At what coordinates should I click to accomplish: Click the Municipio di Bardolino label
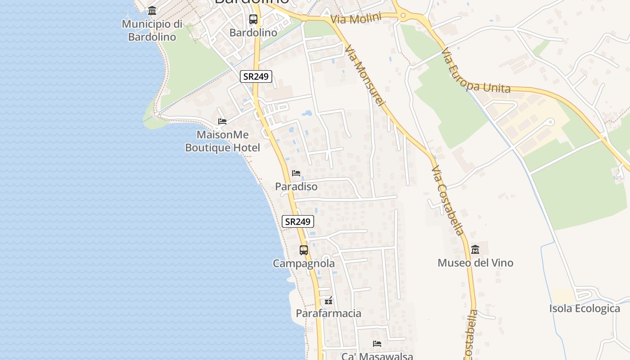click(x=152, y=30)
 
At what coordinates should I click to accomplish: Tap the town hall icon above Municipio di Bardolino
click(x=152, y=10)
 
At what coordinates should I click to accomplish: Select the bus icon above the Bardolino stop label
click(x=253, y=19)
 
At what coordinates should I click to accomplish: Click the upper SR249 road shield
click(x=256, y=76)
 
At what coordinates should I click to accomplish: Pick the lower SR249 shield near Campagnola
click(x=297, y=221)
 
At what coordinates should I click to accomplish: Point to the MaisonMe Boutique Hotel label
click(x=223, y=141)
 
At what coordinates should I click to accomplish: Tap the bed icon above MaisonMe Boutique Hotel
click(x=222, y=121)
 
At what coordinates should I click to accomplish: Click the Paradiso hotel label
click(x=296, y=186)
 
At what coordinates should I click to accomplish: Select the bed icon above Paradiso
click(x=296, y=173)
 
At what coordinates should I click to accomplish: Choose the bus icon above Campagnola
click(x=304, y=250)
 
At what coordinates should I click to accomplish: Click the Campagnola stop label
click(x=304, y=264)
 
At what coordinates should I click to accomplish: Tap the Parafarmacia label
click(x=328, y=313)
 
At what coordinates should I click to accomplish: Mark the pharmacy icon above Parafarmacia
click(x=329, y=301)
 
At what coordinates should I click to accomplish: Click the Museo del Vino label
click(x=475, y=263)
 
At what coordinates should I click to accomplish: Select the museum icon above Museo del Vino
click(x=475, y=249)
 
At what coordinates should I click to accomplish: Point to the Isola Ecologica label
click(x=585, y=309)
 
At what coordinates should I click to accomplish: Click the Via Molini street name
click(x=355, y=19)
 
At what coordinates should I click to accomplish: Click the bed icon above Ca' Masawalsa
click(x=377, y=344)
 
